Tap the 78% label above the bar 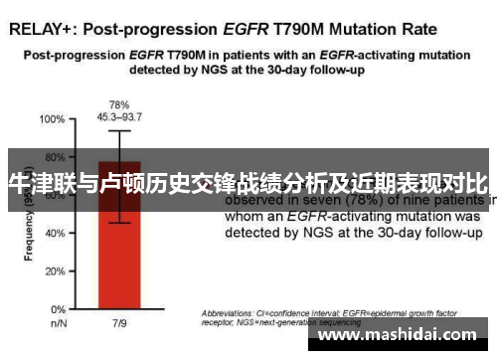tap(119, 103)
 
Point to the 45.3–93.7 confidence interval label tap(119, 115)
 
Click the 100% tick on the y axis tap(50, 119)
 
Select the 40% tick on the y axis tap(52, 233)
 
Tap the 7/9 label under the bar tap(119, 324)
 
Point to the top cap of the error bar tap(119, 130)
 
